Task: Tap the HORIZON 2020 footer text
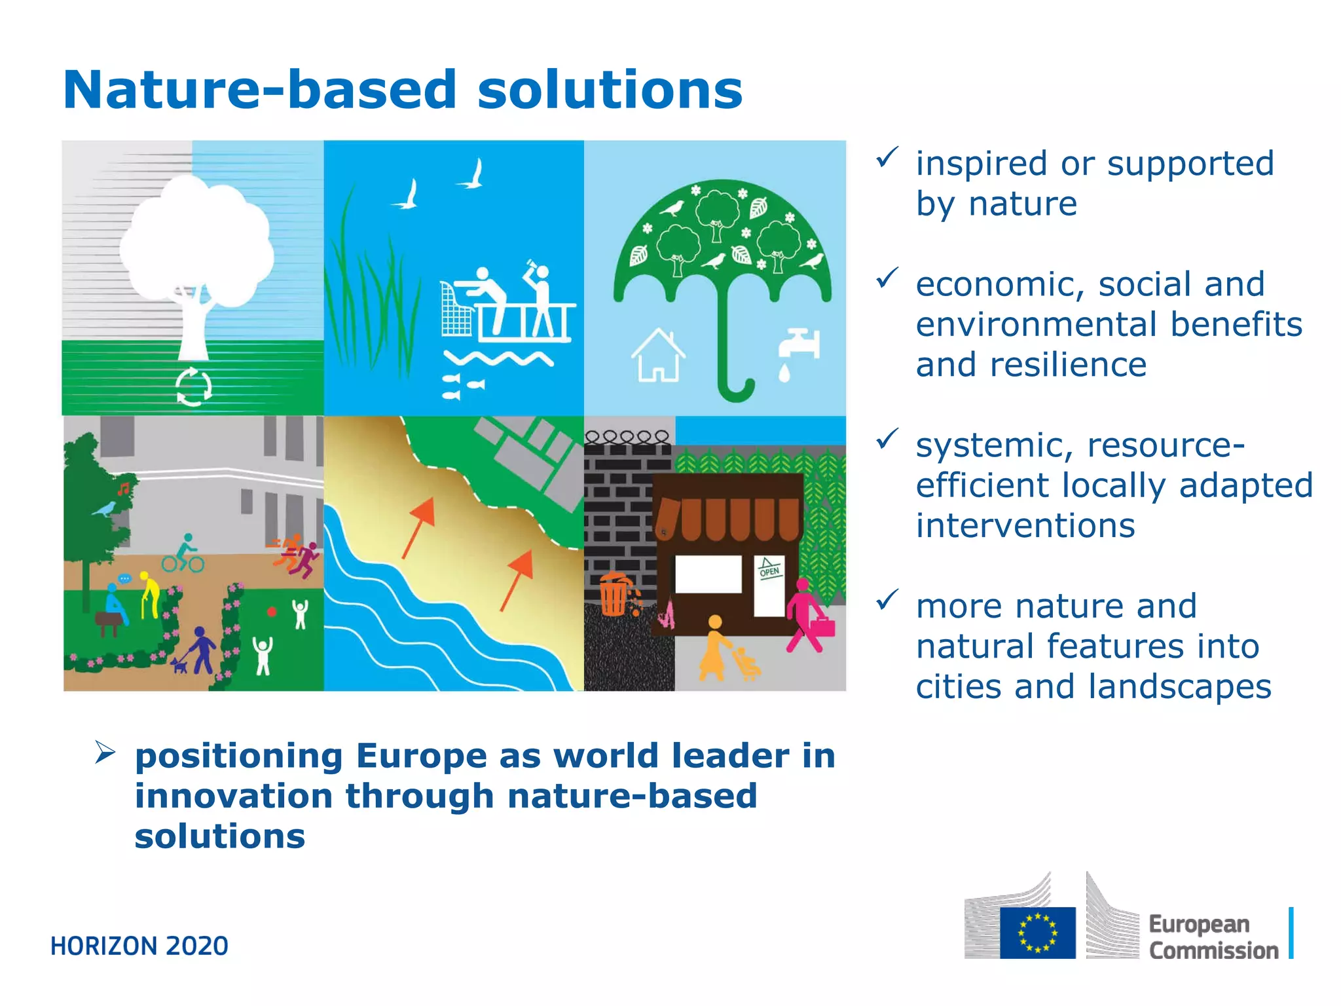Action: [x=139, y=946]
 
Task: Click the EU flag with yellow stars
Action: [x=1037, y=932]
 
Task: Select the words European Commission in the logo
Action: [x=1213, y=937]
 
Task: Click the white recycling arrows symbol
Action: [x=194, y=386]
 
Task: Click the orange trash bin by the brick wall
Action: [x=614, y=595]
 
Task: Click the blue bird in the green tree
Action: [x=105, y=508]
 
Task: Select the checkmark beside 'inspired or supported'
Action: [x=887, y=157]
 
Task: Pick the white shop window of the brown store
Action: [x=708, y=574]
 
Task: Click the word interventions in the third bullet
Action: [x=1025, y=526]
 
